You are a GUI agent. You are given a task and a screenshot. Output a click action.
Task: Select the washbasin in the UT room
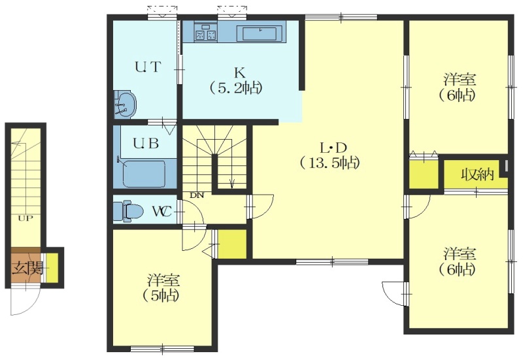coord(125,105)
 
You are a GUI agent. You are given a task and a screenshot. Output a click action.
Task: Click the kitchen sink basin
coord(257,33)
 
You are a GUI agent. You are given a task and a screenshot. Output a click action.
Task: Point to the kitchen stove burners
coord(206,35)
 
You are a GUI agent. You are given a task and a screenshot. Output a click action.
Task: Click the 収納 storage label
coord(477,174)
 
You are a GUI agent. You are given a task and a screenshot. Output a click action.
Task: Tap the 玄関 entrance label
coord(28,268)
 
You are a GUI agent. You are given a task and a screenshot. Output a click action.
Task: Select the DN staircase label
coord(197,195)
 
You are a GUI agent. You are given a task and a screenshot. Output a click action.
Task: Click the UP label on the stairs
coord(25,219)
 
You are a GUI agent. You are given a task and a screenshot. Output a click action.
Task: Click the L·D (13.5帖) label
coord(329,155)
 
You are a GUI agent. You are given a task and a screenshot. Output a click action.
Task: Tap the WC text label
coord(161,211)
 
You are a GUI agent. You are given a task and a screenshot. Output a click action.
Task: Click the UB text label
coord(146,144)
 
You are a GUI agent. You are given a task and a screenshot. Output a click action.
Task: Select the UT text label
coord(148,67)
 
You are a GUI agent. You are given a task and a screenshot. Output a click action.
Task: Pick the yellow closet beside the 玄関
coord(52,267)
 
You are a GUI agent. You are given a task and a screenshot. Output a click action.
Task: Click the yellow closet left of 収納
coord(424,174)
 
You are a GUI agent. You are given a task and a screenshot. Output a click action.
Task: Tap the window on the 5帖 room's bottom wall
coord(162,349)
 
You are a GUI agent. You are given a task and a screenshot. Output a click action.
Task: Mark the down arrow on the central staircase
coord(232,184)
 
